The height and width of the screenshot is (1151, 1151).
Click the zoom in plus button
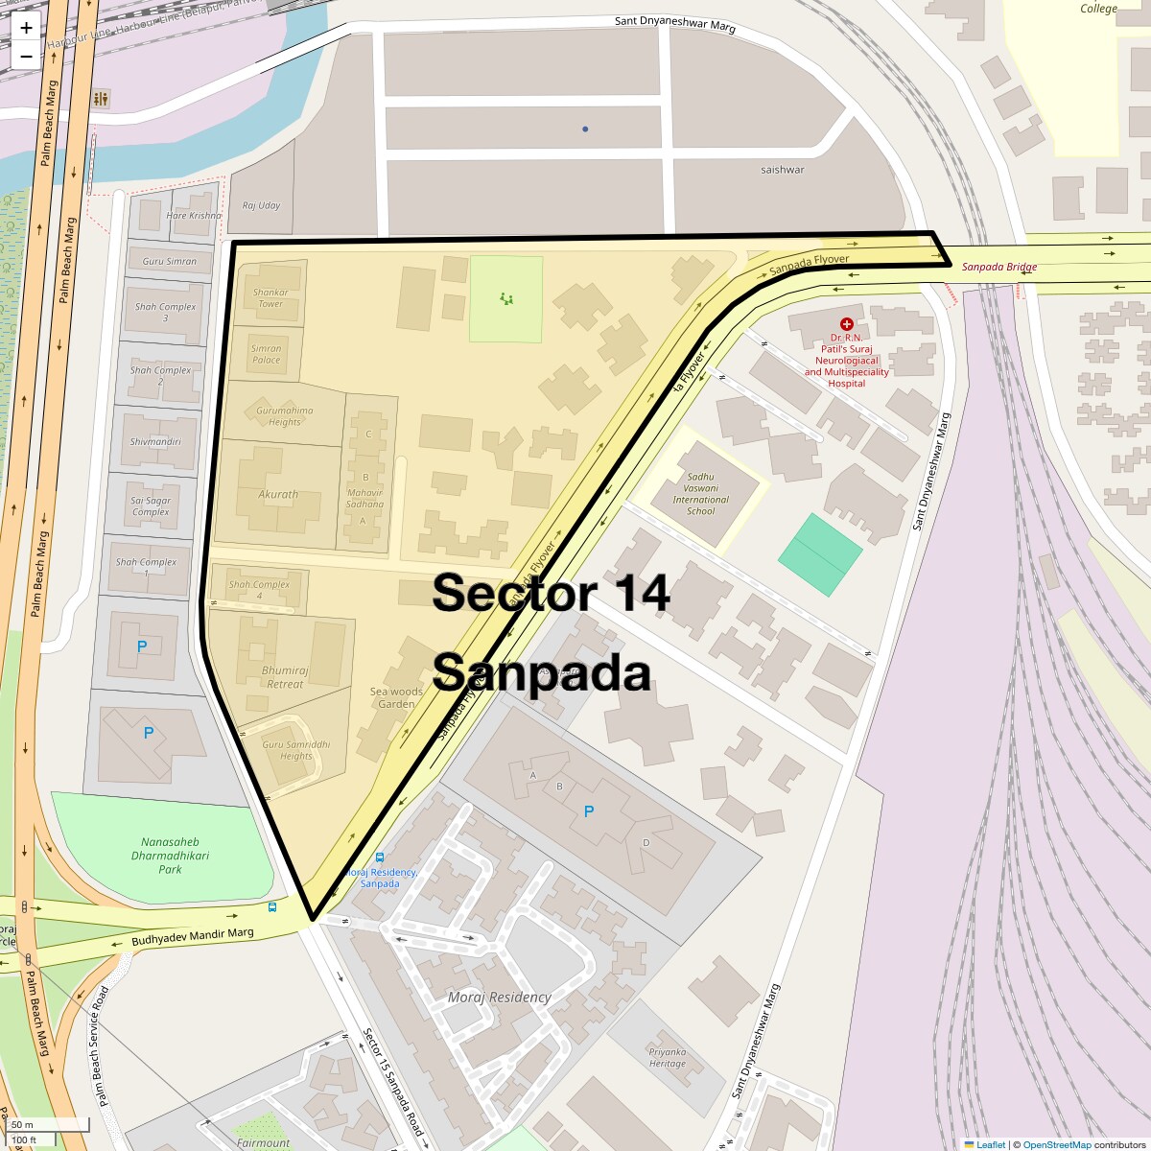(x=26, y=28)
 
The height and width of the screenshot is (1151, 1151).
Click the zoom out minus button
(x=26, y=56)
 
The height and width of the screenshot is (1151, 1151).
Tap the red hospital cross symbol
(x=847, y=325)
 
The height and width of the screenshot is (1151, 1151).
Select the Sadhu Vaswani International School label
(x=700, y=494)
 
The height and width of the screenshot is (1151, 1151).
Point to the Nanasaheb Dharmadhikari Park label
(x=170, y=856)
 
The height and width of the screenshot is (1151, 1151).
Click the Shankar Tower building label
(x=270, y=298)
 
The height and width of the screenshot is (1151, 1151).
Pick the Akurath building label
(x=278, y=495)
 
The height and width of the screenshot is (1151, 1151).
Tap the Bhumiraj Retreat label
(x=285, y=677)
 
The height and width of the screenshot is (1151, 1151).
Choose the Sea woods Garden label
(x=396, y=697)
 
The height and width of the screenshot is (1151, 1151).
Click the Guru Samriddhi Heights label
(x=295, y=750)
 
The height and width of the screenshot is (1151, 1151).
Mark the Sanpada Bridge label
(x=999, y=267)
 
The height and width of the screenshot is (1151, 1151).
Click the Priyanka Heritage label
(x=668, y=1057)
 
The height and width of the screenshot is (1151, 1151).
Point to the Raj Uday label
(x=261, y=205)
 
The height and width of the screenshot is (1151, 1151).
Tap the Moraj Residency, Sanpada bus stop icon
(x=380, y=857)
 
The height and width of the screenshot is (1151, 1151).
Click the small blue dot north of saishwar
(x=585, y=129)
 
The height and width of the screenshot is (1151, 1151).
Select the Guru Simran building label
(x=169, y=261)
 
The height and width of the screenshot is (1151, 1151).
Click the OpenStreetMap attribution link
(x=1056, y=1144)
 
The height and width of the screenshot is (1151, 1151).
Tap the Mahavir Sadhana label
(x=364, y=498)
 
